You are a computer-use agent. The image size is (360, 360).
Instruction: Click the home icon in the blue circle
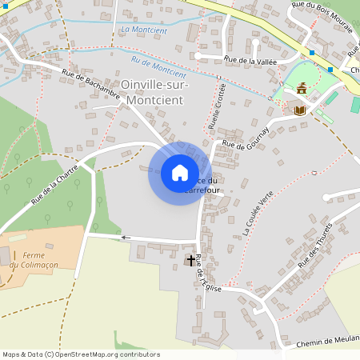pyautogui.click(x=180, y=173)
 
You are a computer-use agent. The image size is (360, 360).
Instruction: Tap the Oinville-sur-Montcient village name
pyautogui.click(x=152, y=91)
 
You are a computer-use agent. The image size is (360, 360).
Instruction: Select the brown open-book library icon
pyautogui.click(x=300, y=110)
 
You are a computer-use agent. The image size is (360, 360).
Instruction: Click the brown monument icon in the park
pyautogui.click(x=302, y=88)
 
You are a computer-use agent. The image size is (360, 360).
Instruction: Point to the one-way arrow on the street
pyautogui.click(x=124, y=238)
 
